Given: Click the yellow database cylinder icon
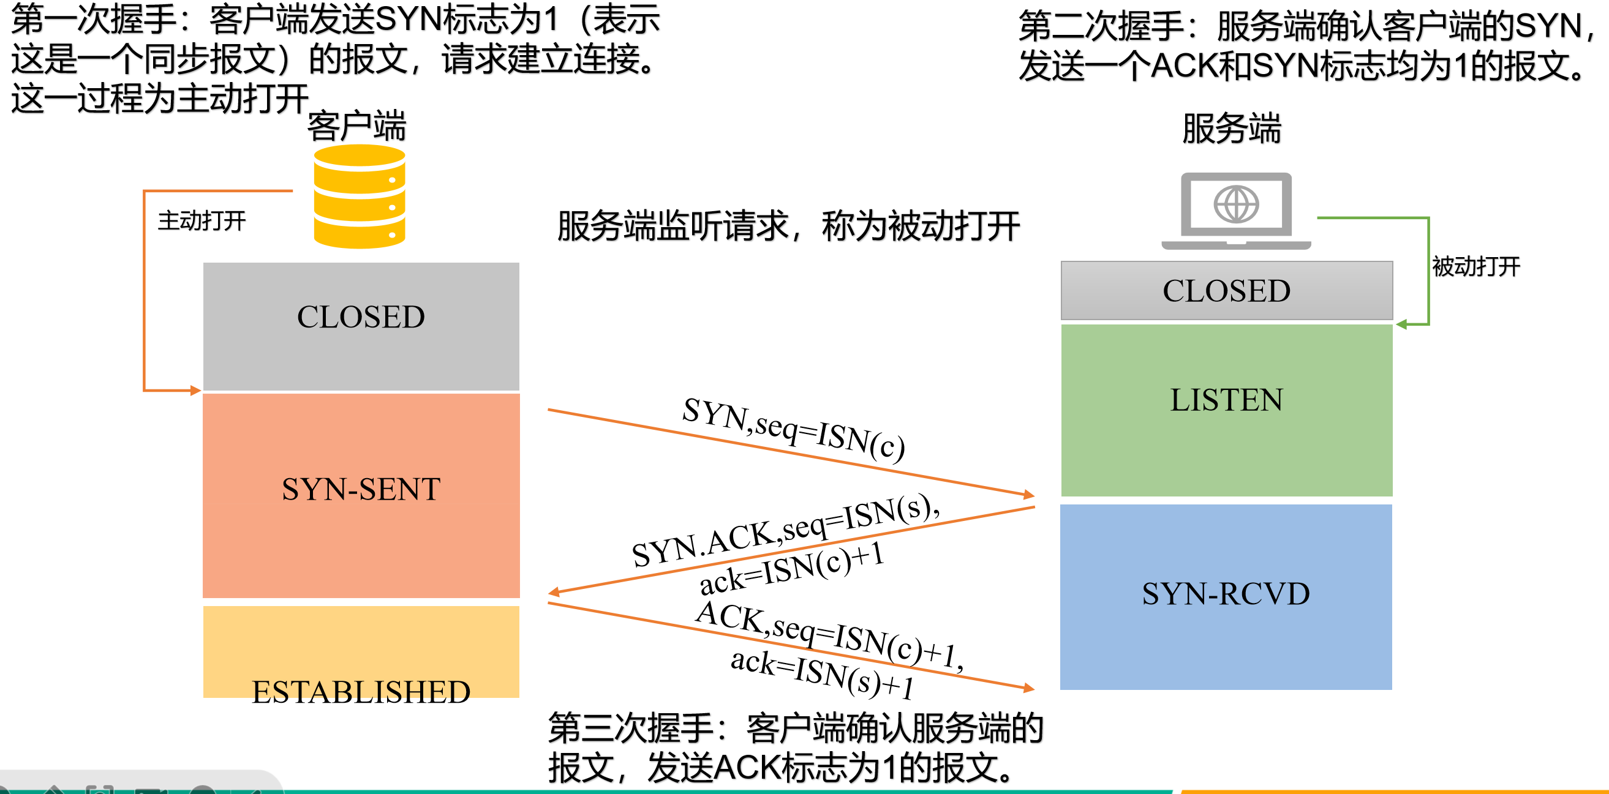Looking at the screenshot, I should click(359, 197).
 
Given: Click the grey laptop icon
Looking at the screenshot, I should click(1235, 211).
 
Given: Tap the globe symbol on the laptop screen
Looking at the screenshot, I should click(1235, 203).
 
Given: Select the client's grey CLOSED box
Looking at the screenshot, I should click(361, 325).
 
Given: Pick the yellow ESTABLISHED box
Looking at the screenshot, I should click(361, 651).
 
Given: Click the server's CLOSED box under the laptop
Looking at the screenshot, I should click(1226, 290).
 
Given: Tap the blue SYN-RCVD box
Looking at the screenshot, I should click(1226, 596).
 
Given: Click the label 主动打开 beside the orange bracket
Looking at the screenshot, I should click(202, 221).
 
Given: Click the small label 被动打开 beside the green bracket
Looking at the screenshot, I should click(1475, 266).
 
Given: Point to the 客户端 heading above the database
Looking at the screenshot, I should click(356, 126).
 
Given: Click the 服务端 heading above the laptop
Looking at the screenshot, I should click(1231, 129).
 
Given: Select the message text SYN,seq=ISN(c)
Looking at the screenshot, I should click(793, 430).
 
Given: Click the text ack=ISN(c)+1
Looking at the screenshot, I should click(791, 568).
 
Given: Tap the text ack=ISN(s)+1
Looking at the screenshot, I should click(822, 673).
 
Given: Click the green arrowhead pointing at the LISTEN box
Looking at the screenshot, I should click(1402, 324).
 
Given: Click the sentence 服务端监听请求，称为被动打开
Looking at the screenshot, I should click(788, 226).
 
